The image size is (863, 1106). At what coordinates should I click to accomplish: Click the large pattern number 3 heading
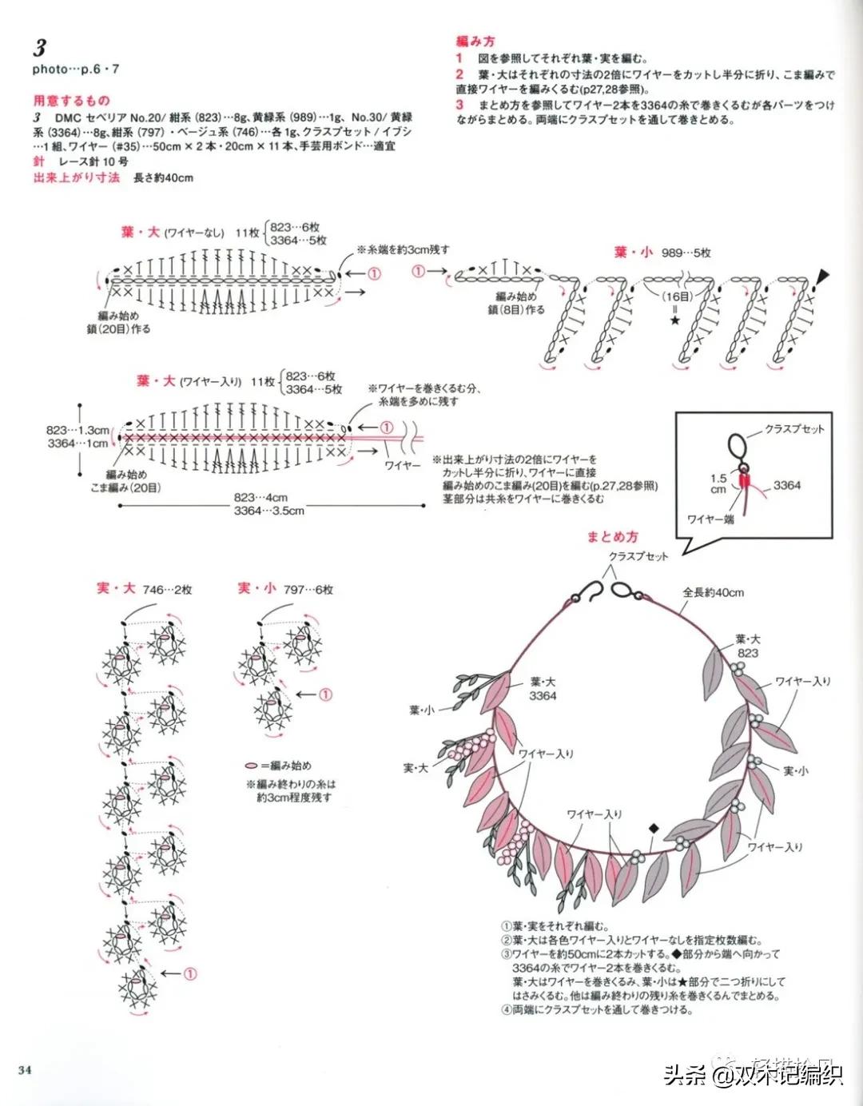[x=39, y=47]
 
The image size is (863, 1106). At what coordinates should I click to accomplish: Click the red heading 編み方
[x=475, y=41]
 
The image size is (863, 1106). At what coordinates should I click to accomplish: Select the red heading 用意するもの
[x=71, y=101]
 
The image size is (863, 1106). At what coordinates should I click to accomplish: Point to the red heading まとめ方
[x=613, y=537]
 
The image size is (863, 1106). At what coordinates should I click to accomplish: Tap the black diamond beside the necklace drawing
[x=654, y=829]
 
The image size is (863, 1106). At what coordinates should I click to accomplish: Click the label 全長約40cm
[x=713, y=592]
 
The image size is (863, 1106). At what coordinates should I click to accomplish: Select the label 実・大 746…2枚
[x=144, y=589]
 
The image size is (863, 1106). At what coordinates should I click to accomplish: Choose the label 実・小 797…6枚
[x=284, y=589]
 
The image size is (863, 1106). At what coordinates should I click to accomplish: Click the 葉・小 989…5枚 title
[x=662, y=253]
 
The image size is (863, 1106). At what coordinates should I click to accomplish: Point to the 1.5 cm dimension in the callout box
[x=718, y=483]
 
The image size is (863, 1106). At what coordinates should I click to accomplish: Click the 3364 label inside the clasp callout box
[x=786, y=485]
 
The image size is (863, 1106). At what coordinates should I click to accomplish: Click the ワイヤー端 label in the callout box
[x=710, y=519]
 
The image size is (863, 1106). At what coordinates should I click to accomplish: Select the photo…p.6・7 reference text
[x=76, y=70]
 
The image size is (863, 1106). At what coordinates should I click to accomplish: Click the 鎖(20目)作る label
[x=118, y=328]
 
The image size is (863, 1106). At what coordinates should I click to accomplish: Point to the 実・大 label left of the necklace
[x=416, y=768]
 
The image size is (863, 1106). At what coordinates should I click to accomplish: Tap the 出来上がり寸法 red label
[x=76, y=177]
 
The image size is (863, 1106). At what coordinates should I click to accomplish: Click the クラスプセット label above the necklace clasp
[x=638, y=556]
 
